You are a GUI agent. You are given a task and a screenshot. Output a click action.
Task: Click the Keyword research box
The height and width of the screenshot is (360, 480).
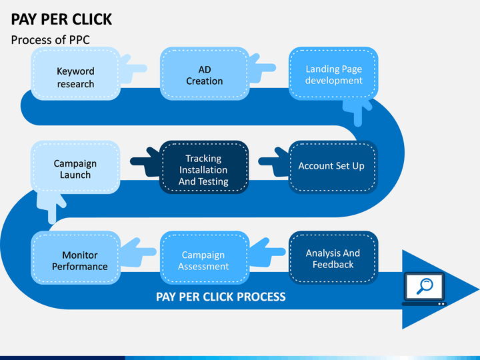point(75,73)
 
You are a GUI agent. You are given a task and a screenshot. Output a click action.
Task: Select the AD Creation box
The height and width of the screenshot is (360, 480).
point(205,73)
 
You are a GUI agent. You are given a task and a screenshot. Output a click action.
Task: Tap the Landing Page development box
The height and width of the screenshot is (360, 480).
point(333,73)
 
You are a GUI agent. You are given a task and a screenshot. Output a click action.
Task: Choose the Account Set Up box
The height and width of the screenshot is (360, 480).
point(333,167)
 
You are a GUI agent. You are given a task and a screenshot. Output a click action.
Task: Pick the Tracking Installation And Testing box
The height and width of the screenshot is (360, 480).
point(204,167)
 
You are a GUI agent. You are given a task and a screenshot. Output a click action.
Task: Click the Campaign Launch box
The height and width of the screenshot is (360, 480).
point(75,167)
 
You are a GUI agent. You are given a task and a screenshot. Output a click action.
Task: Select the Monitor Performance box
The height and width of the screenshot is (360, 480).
point(75,257)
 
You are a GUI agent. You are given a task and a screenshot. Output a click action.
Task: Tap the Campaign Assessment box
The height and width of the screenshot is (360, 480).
point(205,257)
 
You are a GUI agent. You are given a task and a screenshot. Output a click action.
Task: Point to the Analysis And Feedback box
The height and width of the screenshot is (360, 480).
point(333,257)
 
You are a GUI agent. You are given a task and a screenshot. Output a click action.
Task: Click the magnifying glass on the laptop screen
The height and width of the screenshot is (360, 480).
point(424,286)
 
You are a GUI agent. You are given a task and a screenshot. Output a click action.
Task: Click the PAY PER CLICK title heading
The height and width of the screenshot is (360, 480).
point(61,19)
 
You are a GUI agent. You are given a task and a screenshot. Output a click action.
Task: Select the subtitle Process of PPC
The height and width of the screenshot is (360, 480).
point(51,40)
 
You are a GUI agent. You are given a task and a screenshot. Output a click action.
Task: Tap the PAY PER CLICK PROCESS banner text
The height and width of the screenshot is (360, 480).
point(221,297)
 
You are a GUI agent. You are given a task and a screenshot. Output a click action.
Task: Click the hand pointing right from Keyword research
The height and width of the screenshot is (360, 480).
point(133,69)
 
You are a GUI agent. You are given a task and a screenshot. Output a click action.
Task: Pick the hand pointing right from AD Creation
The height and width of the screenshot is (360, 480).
point(262,68)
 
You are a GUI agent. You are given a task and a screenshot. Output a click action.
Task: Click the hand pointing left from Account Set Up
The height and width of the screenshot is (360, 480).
point(273,161)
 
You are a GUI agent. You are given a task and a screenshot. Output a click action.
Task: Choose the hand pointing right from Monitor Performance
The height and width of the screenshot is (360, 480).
point(138,252)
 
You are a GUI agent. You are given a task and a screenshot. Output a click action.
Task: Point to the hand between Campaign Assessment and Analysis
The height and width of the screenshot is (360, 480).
point(267,252)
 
